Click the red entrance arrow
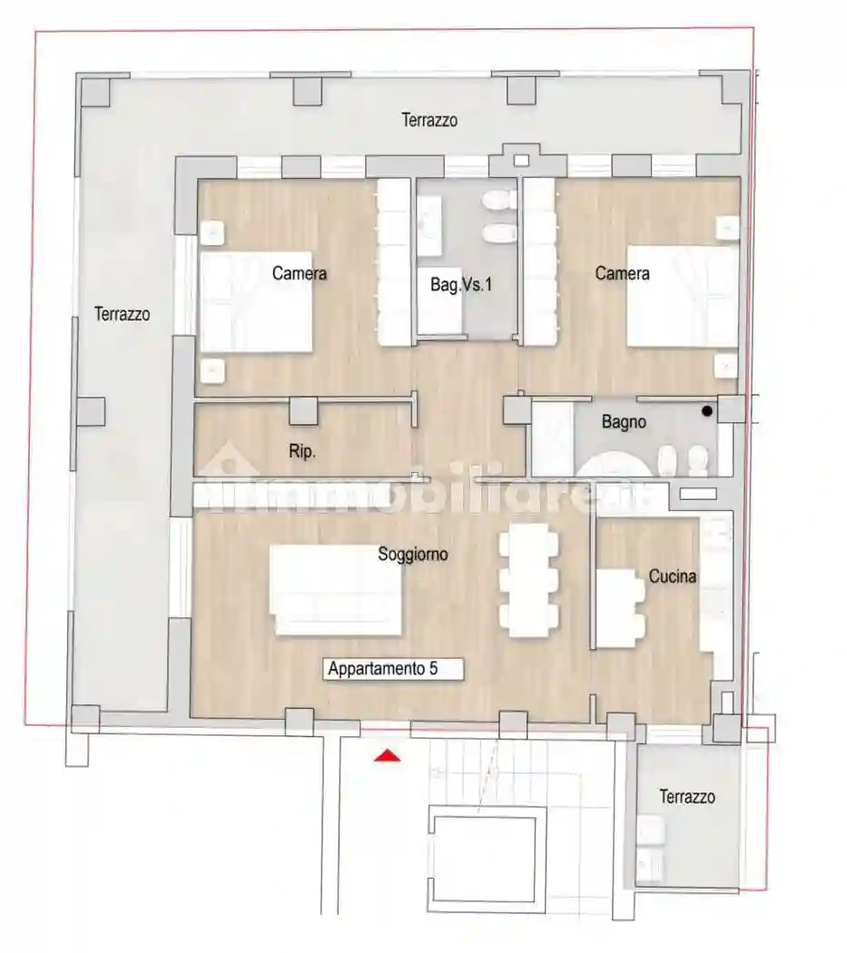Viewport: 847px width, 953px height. pyautogui.click(x=388, y=755)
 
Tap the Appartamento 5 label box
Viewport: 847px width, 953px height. pyautogui.click(x=395, y=670)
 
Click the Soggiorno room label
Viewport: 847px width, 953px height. pyautogui.click(x=412, y=555)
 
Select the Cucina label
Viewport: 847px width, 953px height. pyautogui.click(x=672, y=576)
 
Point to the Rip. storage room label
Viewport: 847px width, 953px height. pyautogui.click(x=302, y=451)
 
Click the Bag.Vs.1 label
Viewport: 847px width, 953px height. pyautogui.click(x=461, y=285)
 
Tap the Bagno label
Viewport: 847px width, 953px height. pyautogui.click(x=624, y=422)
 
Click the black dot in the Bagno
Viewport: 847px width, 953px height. pyautogui.click(x=707, y=411)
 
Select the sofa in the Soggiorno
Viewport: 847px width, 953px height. pyautogui.click(x=337, y=590)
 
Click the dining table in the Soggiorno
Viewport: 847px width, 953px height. pyautogui.click(x=528, y=581)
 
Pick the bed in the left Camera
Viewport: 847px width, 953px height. pyautogui.click(x=255, y=301)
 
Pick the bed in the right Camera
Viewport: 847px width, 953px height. pyautogui.click(x=683, y=296)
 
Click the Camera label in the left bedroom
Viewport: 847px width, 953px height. pyautogui.click(x=299, y=273)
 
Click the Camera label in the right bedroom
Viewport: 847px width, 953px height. pyautogui.click(x=622, y=273)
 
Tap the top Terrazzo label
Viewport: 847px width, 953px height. pyautogui.click(x=430, y=120)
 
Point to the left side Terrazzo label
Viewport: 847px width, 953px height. pyautogui.click(x=122, y=314)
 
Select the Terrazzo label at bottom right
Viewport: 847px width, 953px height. pyautogui.click(x=686, y=797)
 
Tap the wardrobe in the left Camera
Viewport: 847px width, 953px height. pyautogui.click(x=394, y=261)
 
